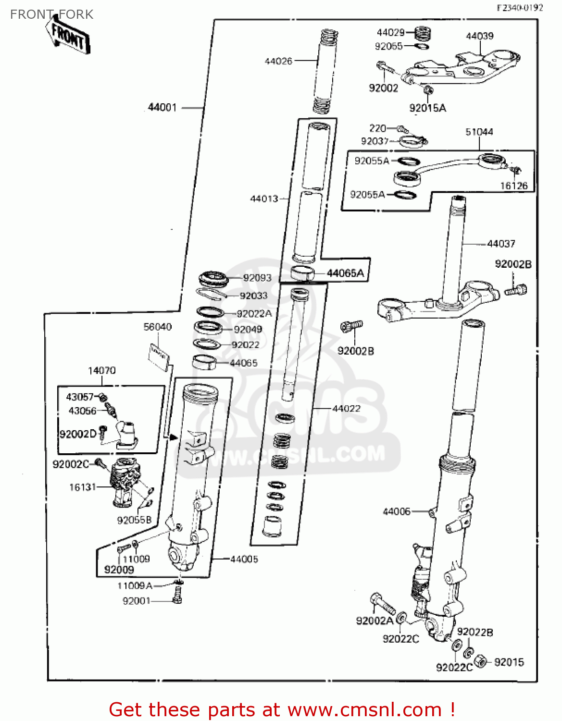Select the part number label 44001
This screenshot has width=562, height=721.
click(x=162, y=107)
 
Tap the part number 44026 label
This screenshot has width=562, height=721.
click(x=278, y=61)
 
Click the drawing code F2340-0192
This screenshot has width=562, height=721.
click(x=520, y=7)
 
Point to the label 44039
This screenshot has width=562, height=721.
click(x=479, y=36)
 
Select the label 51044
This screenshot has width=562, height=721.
click(x=479, y=132)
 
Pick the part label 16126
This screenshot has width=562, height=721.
click(x=513, y=186)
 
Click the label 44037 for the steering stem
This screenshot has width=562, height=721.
click(x=501, y=244)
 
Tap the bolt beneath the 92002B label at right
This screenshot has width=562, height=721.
click(x=516, y=290)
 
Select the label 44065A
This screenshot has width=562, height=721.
click(x=345, y=273)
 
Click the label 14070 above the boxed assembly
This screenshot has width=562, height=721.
click(x=101, y=371)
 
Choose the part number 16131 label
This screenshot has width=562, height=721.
click(x=83, y=487)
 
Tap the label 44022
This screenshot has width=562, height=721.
click(x=346, y=408)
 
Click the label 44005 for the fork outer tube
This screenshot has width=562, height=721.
click(x=244, y=559)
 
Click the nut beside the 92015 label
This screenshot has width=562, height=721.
click(x=480, y=661)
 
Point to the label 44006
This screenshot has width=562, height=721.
click(x=396, y=511)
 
